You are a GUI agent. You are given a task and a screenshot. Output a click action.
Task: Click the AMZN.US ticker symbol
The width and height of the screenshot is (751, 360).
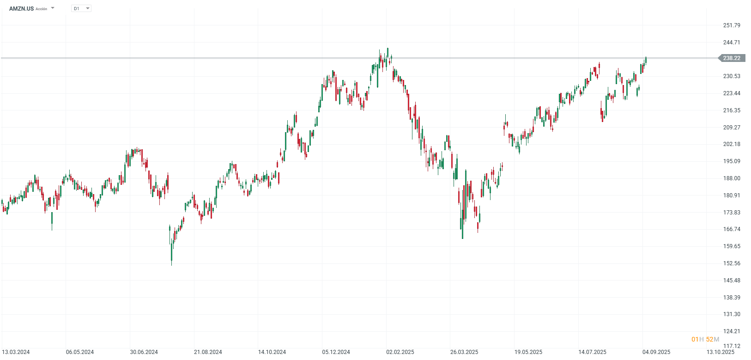tap(21, 8)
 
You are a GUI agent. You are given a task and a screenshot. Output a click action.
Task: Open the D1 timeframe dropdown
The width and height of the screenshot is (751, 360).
tap(81, 8)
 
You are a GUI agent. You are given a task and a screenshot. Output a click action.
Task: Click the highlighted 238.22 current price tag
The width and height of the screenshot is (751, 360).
tap(732, 58)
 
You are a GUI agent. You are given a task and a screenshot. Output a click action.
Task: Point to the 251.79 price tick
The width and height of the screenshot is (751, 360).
tap(732, 25)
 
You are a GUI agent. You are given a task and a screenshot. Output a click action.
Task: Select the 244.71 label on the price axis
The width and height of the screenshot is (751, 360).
tap(732, 43)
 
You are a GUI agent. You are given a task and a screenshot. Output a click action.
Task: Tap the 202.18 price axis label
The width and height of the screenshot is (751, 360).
tap(732, 144)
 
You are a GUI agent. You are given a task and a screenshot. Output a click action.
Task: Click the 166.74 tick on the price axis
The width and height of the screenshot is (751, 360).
tap(732, 229)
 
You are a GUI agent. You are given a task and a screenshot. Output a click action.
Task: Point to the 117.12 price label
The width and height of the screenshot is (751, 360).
tap(732, 346)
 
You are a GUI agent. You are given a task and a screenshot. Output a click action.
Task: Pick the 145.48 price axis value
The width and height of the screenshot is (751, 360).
tap(732, 281)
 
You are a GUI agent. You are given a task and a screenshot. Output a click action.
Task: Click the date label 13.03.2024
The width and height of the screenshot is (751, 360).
tap(16, 352)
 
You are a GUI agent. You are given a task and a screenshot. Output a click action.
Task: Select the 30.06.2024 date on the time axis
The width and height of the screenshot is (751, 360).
tap(144, 352)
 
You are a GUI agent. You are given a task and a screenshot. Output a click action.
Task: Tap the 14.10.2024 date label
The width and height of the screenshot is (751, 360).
tap(272, 352)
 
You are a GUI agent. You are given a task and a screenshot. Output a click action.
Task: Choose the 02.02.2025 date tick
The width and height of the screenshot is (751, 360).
tap(400, 352)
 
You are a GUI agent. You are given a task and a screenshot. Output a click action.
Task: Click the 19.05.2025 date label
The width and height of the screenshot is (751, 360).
tap(528, 352)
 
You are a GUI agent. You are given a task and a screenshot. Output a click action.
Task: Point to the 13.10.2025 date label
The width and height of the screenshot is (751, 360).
tap(721, 352)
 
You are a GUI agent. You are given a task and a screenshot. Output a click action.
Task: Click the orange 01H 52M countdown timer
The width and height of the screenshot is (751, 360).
tap(705, 340)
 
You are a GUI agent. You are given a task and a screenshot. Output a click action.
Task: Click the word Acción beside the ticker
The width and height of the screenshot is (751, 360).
tap(42, 9)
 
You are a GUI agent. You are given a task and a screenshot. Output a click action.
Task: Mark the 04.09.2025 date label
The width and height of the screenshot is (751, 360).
tap(656, 352)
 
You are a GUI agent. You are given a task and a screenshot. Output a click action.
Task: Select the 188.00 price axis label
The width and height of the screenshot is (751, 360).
tap(732, 178)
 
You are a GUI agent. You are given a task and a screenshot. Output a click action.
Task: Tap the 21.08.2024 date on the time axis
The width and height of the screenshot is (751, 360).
tap(208, 352)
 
